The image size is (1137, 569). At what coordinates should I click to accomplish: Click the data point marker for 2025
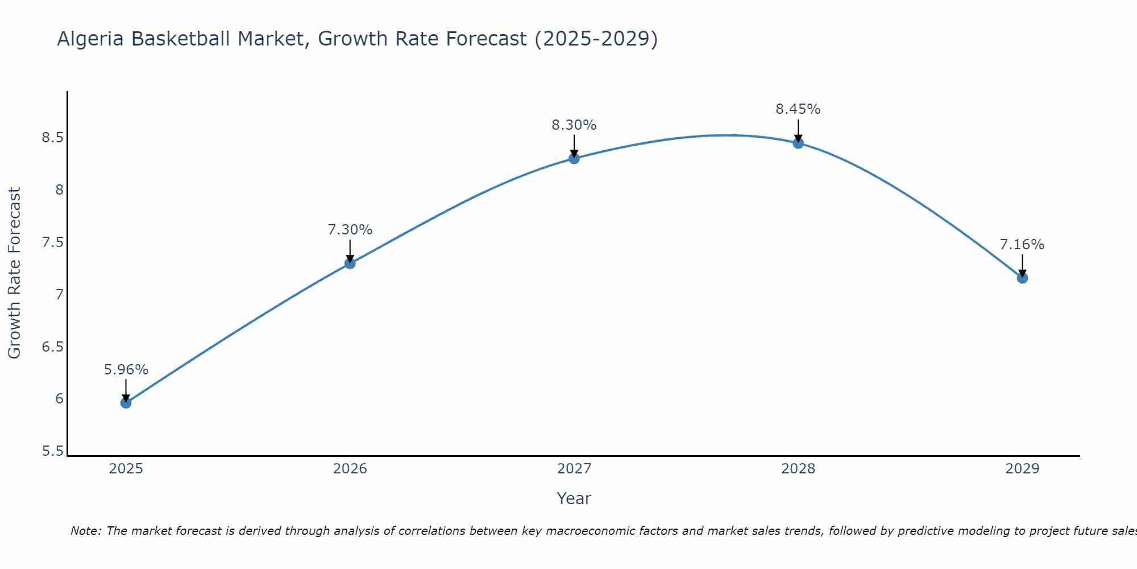coord(126,403)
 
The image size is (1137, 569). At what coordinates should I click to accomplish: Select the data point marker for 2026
coord(350,263)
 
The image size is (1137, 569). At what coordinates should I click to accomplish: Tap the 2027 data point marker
coord(574,158)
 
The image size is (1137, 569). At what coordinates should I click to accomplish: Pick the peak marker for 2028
coord(798,143)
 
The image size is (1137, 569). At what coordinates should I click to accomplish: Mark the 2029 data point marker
coord(1022,278)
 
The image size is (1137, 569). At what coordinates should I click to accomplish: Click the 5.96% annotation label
coord(126,370)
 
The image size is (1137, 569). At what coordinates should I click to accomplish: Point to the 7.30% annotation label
coord(350,230)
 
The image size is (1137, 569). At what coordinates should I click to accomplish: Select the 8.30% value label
coord(574,125)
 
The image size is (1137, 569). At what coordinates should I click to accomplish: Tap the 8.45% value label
coord(798,109)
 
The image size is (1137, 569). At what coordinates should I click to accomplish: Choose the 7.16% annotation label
coord(1022,245)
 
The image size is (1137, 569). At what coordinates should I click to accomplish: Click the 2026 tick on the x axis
coord(350,469)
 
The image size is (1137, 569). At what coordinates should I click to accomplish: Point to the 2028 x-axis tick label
coord(798,469)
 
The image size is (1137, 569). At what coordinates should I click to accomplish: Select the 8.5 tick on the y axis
coord(52,138)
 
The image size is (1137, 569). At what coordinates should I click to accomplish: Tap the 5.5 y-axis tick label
coord(52,451)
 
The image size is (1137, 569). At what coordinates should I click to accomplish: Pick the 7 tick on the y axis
coord(59,295)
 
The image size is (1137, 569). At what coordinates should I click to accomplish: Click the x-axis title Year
coord(574,498)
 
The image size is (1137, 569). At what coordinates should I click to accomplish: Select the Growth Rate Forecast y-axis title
coord(15,273)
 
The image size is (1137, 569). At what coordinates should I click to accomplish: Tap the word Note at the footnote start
coord(85,531)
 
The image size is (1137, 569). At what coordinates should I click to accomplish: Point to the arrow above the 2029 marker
coord(1022,265)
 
